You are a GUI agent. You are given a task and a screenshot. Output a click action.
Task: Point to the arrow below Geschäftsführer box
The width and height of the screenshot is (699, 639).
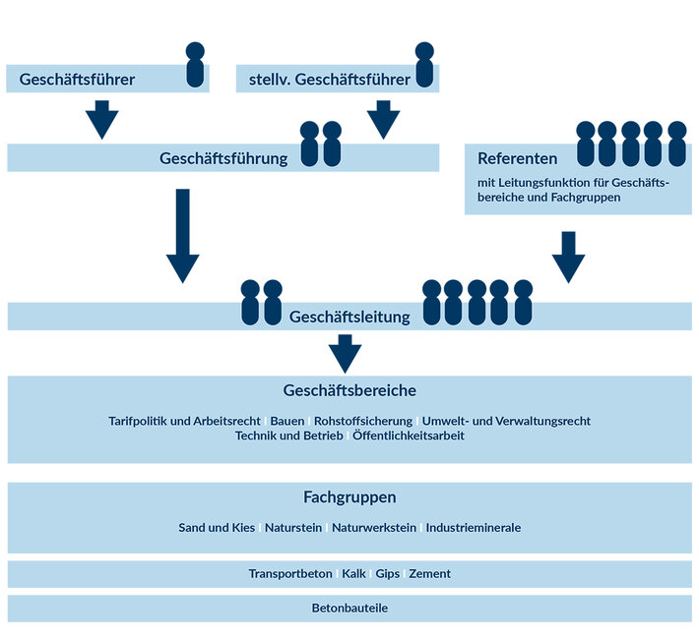[101, 120]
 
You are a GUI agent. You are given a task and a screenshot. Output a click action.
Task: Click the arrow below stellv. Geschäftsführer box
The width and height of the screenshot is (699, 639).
[384, 120]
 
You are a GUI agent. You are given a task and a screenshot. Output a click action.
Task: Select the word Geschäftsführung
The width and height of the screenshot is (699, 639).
[223, 158]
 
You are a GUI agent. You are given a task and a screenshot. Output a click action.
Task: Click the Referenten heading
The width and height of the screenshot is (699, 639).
[518, 158]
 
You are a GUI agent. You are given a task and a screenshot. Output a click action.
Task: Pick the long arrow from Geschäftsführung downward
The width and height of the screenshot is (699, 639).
[182, 236]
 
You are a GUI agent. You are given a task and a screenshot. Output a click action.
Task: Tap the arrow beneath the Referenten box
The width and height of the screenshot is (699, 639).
[568, 256]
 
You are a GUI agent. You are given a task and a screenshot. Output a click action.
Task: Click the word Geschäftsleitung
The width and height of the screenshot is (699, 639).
[349, 317]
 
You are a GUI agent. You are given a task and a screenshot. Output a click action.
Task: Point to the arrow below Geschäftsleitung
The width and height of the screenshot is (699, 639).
[345, 353]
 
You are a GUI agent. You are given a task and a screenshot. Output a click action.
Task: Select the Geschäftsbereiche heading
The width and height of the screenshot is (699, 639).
[349, 390]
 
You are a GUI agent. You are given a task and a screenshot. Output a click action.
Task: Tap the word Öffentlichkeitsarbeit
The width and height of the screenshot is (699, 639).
[408, 436]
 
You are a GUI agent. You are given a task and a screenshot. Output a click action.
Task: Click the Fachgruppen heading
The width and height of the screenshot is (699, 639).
[349, 497]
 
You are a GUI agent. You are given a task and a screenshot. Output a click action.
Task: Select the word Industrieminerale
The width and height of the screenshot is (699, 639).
[473, 528]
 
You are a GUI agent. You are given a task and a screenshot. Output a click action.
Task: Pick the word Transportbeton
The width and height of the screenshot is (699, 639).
[290, 573]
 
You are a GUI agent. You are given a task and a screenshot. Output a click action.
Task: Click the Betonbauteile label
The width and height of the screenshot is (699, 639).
[349, 609]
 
